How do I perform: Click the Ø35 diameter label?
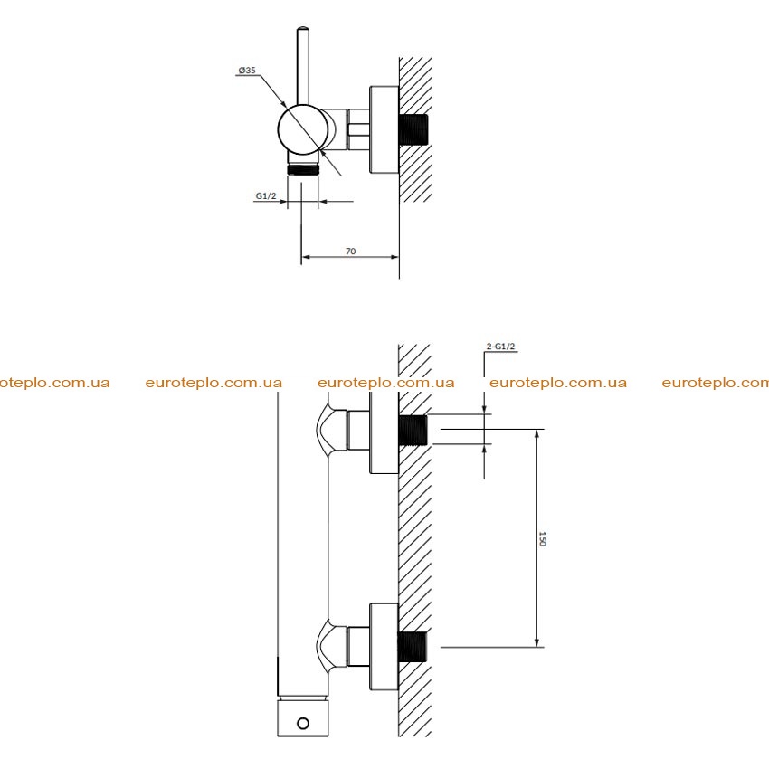(x=247, y=71)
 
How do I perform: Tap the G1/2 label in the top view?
(x=266, y=195)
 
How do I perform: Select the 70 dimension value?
(x=350, y=252)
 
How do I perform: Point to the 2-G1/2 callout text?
(x=500, y=347)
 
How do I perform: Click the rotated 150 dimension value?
(x=542, y=538)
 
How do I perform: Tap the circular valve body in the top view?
(x=302, y=129)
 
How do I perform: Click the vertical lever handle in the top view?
(x=303, y=66)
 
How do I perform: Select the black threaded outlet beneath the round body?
(x=303, y=170)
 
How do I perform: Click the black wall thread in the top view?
(x=413, y=129)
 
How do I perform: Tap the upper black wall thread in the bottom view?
(x=413, y=430)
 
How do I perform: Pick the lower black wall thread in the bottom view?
(x=413, y=647)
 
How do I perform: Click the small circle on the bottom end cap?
(x=303, y=724)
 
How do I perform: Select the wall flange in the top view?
(x=384, y=130)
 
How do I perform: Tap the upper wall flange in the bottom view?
(x=384, y=432)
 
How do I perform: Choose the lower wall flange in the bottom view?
(x=384, y=647)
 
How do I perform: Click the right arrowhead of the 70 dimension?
(x=394, y=257)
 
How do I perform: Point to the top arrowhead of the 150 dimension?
(x=537, y=434)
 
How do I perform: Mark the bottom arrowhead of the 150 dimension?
(x=537, y=642)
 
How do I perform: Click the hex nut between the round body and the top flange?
(x=358, y=129)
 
